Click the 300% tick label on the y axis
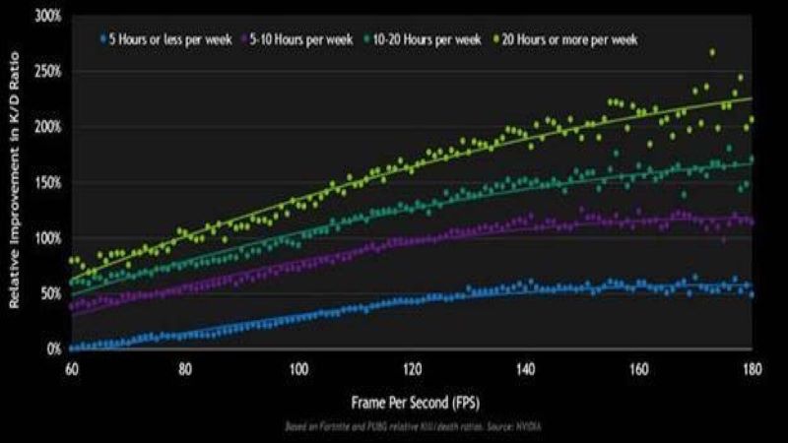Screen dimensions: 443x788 click(x=48, y=17)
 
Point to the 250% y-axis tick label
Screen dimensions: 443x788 click(x=48, y=72)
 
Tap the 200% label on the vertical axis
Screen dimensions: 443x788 click(x=48, y=127)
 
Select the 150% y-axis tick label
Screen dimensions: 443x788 click(x=48, y=183)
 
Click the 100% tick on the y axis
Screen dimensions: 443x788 click(x=48, y=238)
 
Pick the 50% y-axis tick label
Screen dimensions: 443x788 click(x=51, y=293)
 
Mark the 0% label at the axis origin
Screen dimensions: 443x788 click(x=54, y=349)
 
